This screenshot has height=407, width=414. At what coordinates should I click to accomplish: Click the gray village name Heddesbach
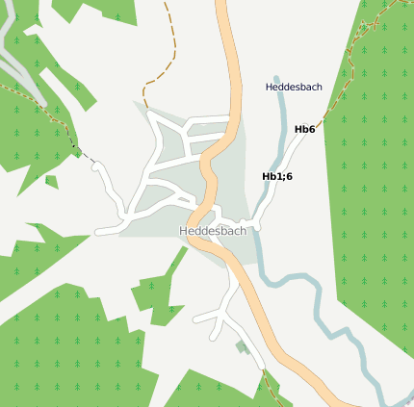pos(213,232)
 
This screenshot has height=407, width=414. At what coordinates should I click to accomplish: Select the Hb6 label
pos(304,129)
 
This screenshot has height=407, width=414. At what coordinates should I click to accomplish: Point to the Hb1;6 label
pos(277,176)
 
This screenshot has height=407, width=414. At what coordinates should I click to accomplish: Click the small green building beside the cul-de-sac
pos(240,346)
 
